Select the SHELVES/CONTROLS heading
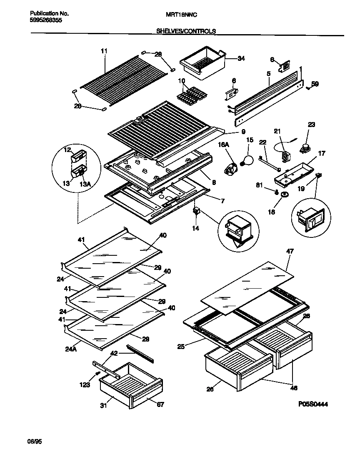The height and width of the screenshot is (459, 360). [186, 31]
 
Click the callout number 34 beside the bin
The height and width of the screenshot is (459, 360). [241, 59]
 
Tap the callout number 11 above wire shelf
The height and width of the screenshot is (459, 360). [104, 51]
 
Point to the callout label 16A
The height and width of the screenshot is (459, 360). [223, 144]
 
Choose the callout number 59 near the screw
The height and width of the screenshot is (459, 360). [315, 84]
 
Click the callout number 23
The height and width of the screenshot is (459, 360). [311, 125]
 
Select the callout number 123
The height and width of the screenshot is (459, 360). [85, 385]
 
